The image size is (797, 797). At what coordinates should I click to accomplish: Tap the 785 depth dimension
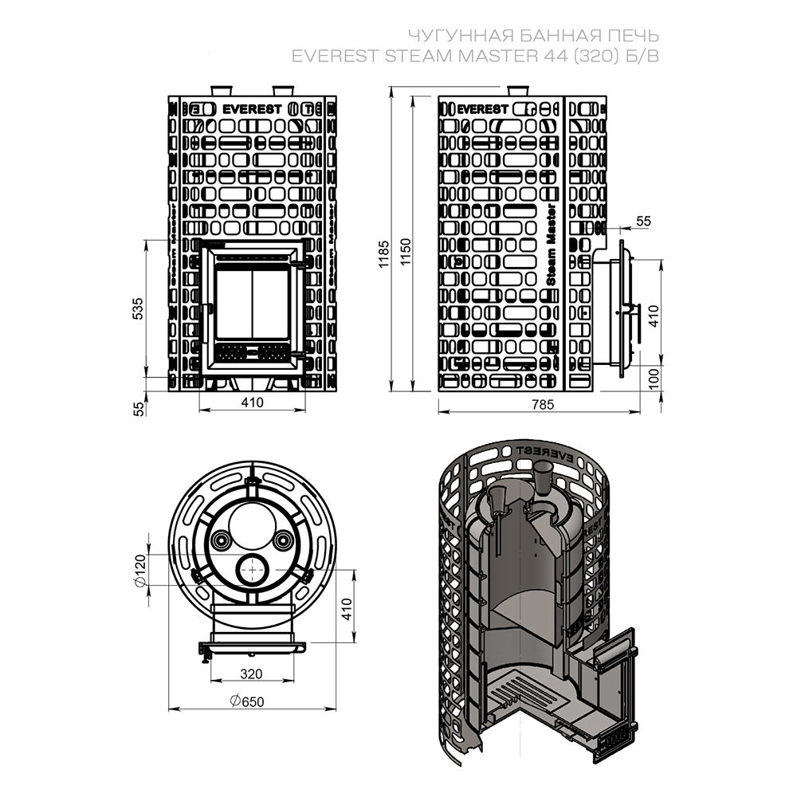click(x=543, y=405)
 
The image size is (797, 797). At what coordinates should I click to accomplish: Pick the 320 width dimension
click(x=250, y=673)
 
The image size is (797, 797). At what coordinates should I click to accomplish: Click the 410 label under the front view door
click(x=251, y=402)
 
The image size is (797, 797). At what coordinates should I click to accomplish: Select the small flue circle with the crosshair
click(x=252, y=570)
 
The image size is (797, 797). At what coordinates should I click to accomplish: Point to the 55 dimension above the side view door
click(x=644, y=221)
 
